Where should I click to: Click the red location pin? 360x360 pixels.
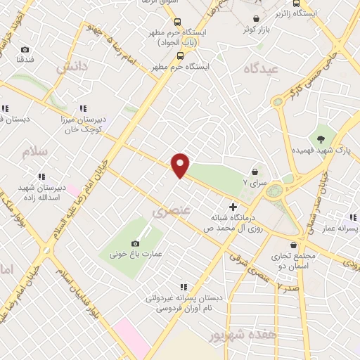click(x=181, y=165)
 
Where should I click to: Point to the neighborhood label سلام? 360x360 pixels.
click(x=33, y=152)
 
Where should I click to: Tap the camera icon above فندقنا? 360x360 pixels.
click(x=25, y=50)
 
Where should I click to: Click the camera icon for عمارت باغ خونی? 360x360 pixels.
click(x=135, y=243)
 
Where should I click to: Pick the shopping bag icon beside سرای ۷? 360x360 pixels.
click(x=254, y=171)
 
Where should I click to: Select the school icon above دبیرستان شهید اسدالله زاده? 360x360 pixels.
click(x=41, y=176)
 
